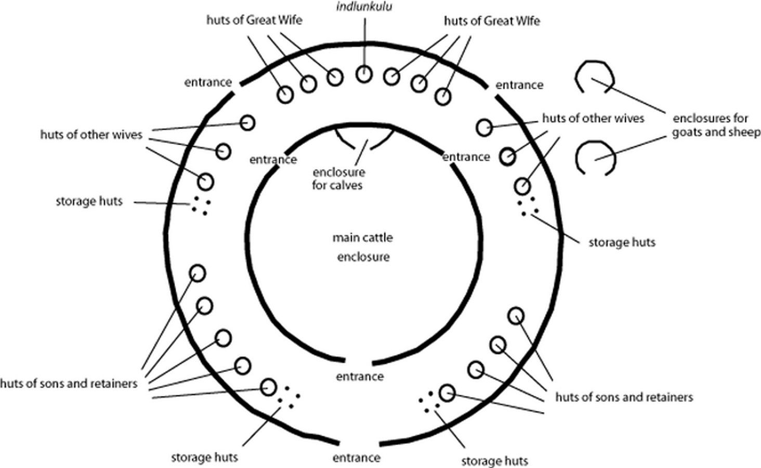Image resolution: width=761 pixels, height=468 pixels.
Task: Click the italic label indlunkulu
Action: point(364,6)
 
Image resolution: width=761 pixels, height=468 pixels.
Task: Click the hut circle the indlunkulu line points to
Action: point(364,74)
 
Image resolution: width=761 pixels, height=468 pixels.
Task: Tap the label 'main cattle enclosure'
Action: point(363,247)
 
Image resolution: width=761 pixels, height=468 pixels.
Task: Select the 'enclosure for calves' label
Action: point(339,179)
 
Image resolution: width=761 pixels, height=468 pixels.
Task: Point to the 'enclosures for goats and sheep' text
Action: point(716,125)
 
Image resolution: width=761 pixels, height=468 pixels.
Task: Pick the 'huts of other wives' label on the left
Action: point(91,135)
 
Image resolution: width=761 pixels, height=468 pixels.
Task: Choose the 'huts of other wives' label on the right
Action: point(593,118)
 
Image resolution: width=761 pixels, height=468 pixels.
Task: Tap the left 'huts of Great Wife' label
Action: point(254,20)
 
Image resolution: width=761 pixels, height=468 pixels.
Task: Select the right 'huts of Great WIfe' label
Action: point(492,21)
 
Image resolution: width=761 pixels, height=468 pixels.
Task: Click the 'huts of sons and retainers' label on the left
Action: point(69,384)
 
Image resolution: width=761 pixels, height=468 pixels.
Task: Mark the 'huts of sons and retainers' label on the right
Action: point(624,397)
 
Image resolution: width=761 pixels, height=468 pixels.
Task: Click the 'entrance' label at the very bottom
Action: point(357,458)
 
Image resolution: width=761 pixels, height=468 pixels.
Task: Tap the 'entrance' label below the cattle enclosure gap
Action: point(360,376)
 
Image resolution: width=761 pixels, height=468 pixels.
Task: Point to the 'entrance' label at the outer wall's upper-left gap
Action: point(208,82)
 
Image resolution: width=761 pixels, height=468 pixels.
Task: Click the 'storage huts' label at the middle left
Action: point(89,201)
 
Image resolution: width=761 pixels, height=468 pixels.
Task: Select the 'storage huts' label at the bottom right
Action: point(495,461)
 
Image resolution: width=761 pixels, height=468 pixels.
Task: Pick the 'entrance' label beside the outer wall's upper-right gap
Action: point(519,85)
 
